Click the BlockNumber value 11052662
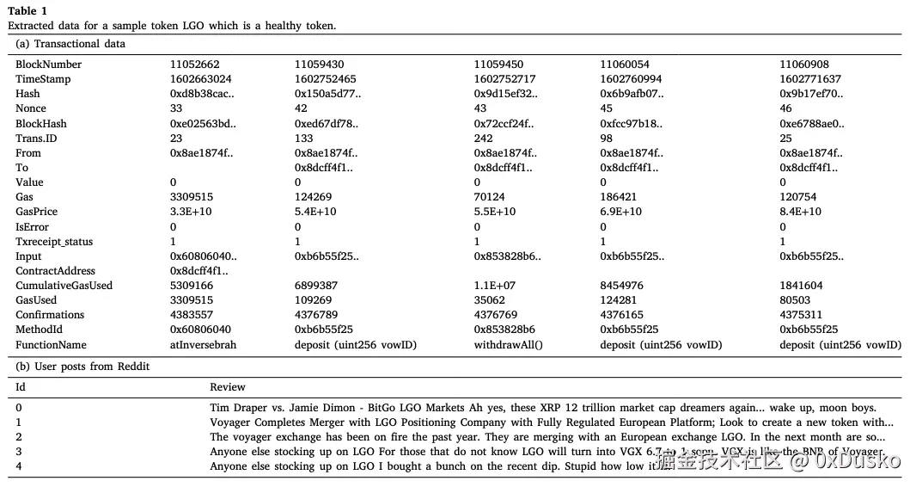click(194, 65)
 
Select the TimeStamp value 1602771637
click(809, 79)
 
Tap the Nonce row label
click(31, 108)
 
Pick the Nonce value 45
click(606, 108)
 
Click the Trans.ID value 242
click(484, 138)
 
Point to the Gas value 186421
click(618, 197)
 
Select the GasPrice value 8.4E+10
click(800, 212)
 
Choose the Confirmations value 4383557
click(192, 315)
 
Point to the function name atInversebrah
click(203, 345)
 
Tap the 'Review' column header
click(228, 387)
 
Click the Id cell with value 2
click(19, 437)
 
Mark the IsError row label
click(32, 226)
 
